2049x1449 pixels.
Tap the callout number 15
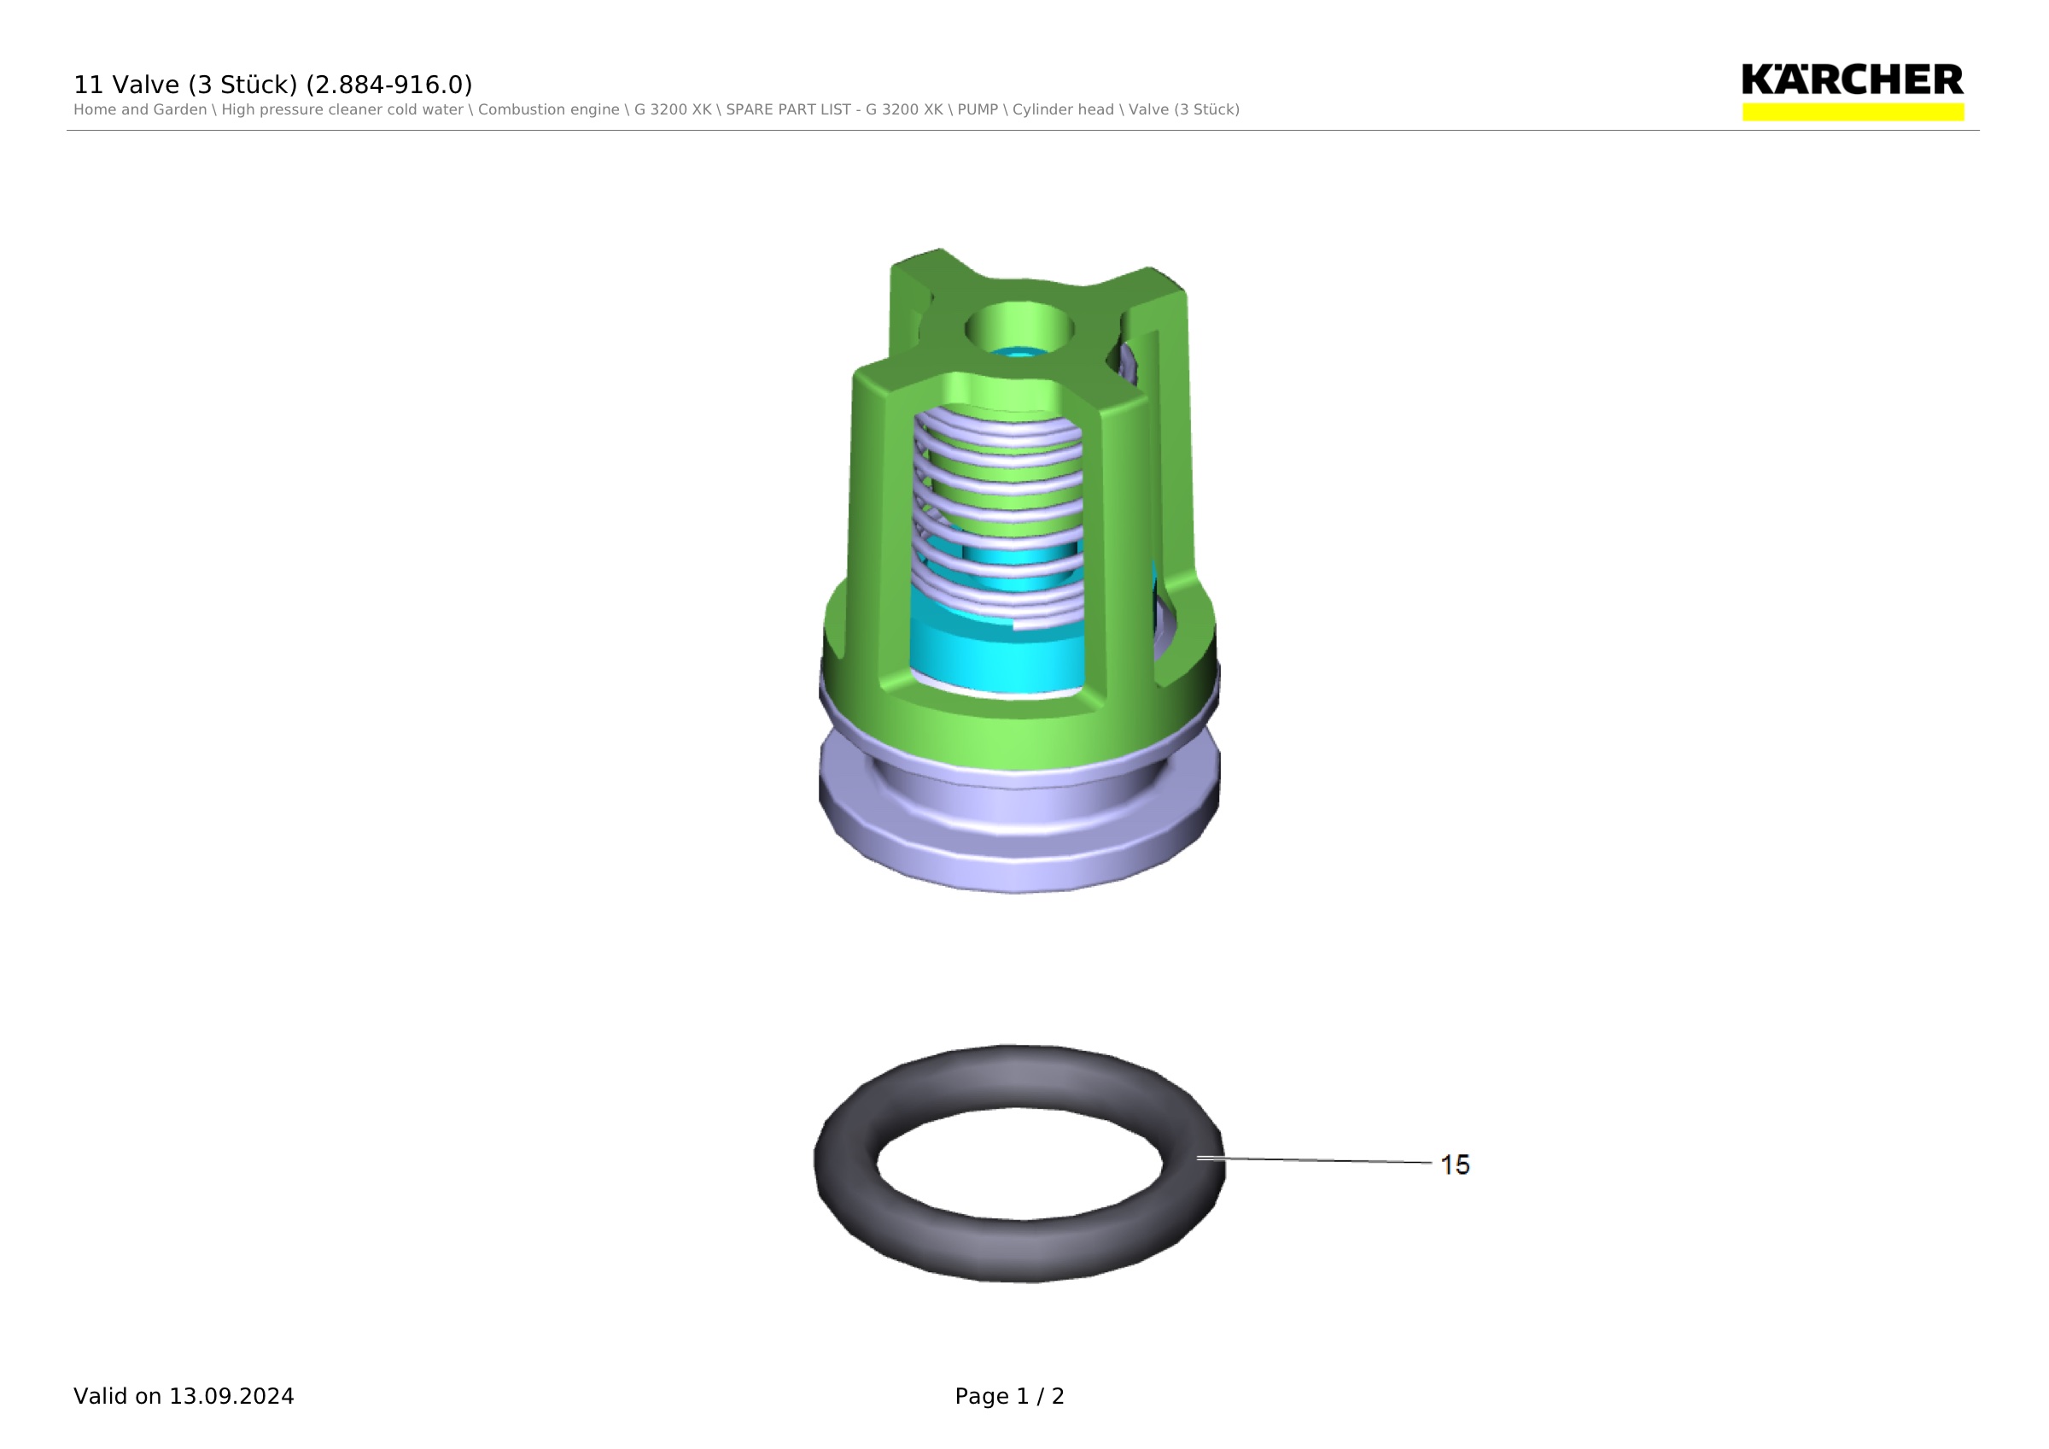point(1455,1164)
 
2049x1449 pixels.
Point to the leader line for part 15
point(1315,1159)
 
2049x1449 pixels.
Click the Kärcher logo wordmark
point(1853,79)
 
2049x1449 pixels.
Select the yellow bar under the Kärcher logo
point(1853,112)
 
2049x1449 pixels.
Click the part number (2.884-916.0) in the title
point(389,85)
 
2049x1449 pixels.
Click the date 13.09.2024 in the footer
point(231,1396)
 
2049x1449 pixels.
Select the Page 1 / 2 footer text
point(1009,1396)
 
